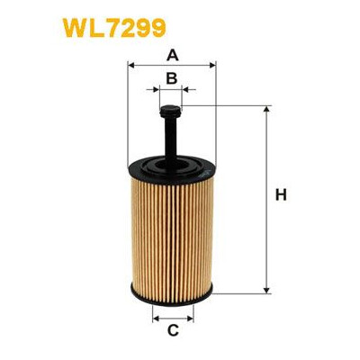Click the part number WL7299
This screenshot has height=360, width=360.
point(114,28)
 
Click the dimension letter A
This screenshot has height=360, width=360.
point(172,55)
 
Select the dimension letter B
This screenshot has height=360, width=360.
point(172,78)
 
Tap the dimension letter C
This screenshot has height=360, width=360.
point(173,330)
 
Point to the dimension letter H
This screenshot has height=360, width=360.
point(281,195)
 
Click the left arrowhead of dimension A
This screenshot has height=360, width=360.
point(130,65)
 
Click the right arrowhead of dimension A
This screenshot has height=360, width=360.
point(212,65)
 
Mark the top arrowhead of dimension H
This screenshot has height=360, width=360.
point(266,109)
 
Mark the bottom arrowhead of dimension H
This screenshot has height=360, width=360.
point(266,290)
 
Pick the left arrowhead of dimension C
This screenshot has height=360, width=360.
point(156,319)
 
